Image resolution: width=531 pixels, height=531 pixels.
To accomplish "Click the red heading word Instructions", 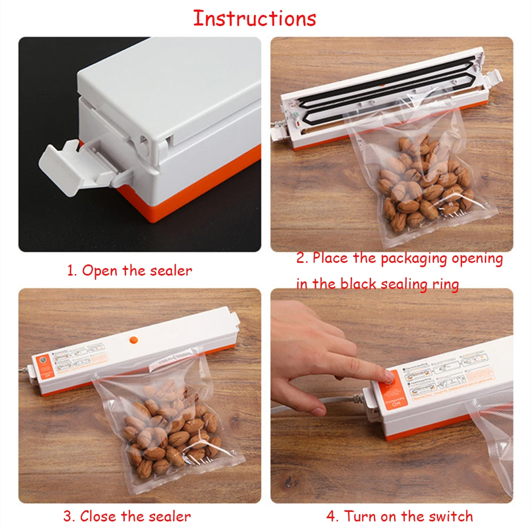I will pyautogui.click(x=254, y=18).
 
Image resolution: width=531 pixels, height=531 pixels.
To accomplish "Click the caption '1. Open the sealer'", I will pyautogui.click(x=130, y=270).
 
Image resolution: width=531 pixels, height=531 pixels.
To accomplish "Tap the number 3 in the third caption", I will pyautogui.click(x=68, y=516).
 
